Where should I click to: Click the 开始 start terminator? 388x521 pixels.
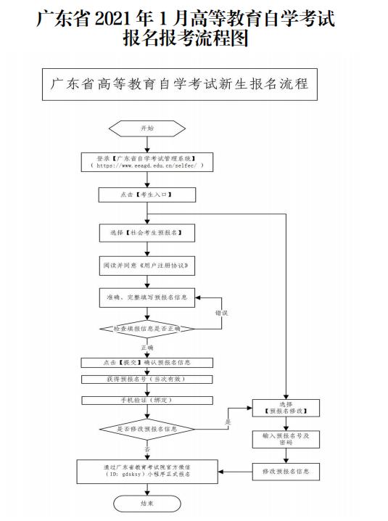click(146, 128)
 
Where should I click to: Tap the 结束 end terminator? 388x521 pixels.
click(146, 502)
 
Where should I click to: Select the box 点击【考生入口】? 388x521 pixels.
click(146, 195)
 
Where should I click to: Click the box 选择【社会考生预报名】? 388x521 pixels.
click(146, 233)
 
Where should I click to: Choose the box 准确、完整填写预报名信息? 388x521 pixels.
click(146, 297)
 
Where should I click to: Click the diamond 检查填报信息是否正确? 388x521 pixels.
click(146, 329)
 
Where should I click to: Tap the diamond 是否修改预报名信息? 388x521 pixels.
click(146, 429)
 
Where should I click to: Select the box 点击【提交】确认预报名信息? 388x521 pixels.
click(146, 363)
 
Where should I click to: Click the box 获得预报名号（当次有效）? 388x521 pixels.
click(146, 379)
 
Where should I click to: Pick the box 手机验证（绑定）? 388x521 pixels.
click(146, 400)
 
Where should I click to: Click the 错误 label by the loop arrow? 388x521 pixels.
click(220, 313)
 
